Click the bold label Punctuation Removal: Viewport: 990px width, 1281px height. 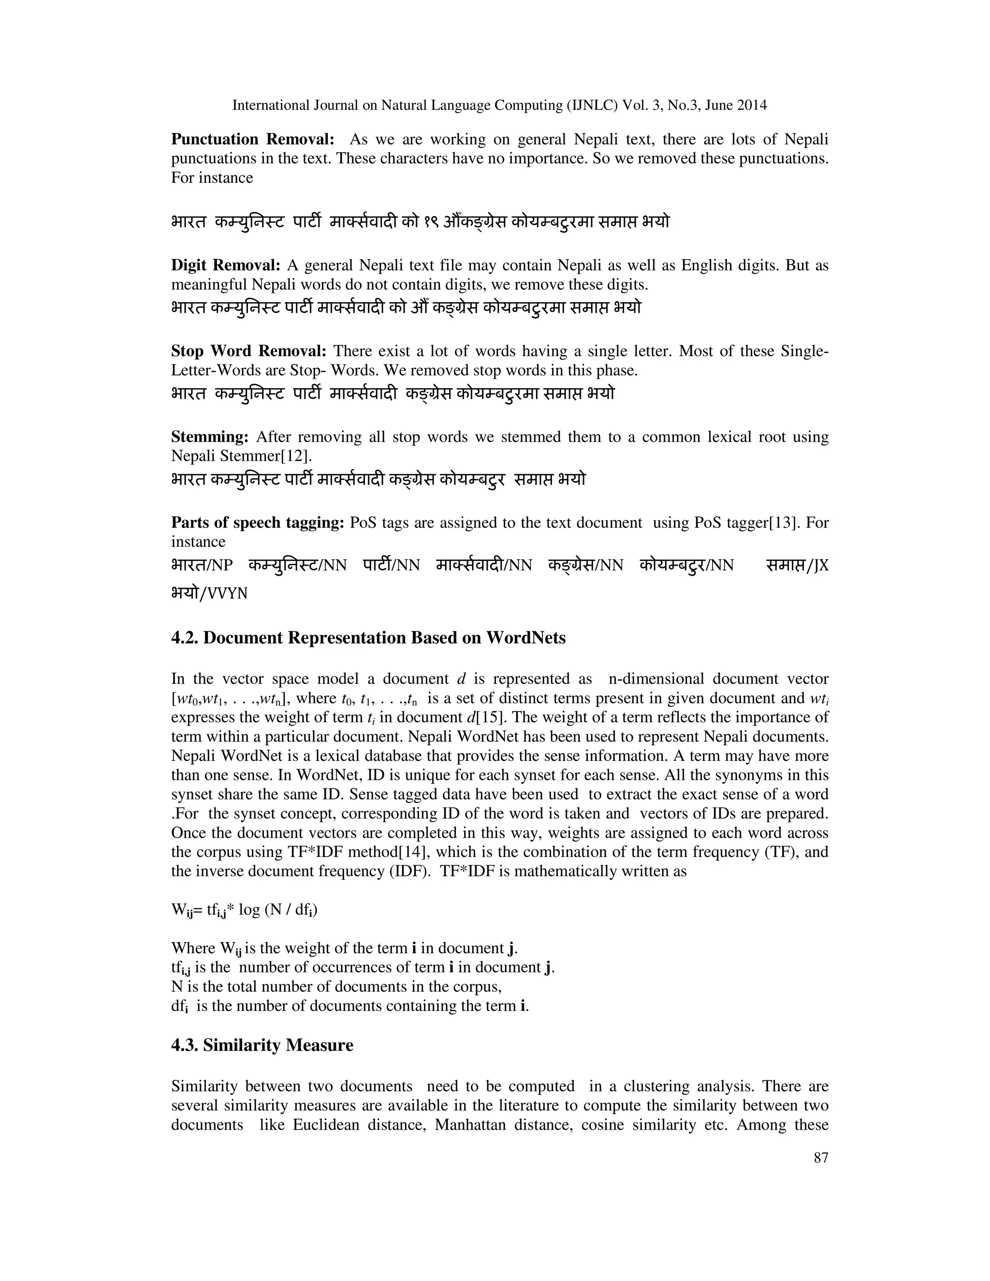[253, 140]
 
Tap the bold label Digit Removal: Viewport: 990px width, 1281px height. [226, 266]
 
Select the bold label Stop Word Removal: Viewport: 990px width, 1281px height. [248, 351]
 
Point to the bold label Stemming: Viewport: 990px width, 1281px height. [210, 437]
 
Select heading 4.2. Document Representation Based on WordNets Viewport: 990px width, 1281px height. [368, 638]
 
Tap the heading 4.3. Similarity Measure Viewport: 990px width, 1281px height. [262, 1045]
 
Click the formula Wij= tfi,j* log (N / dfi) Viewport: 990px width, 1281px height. [245, 910]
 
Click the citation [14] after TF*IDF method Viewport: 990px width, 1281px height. [412, 852]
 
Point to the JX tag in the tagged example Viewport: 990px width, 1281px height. [821, 566]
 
